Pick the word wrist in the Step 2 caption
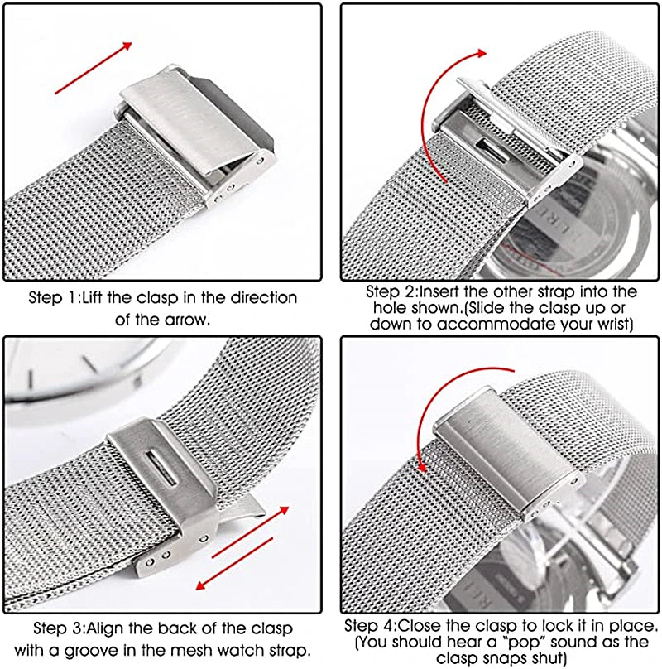pos(610,324)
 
